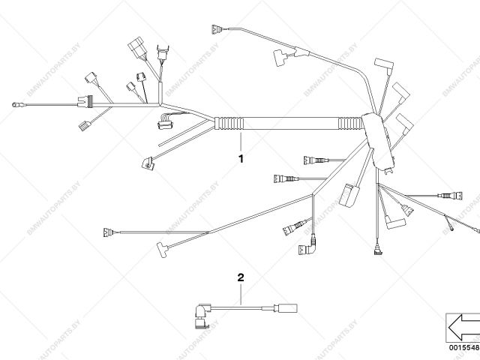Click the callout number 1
click(241, 158)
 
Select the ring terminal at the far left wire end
click(15, 105)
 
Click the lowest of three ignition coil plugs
click(406, 121)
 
